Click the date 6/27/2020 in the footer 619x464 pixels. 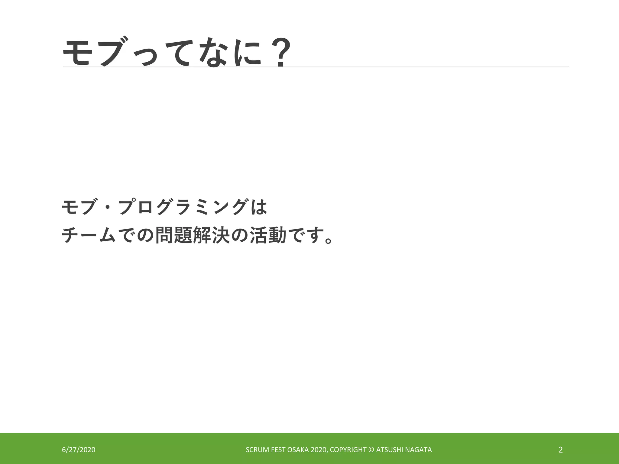coord(79,450)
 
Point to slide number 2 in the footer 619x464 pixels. coord(561,450)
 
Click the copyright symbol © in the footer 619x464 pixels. coord(371,450)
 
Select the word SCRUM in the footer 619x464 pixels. coord(255,450)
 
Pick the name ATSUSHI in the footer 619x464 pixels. coord(389,450)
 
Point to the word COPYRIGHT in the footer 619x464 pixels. coord(348,450)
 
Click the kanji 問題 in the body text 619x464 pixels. coord(173,235)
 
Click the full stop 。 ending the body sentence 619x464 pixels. coord(328,240)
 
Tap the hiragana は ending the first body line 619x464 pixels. coord(259,207)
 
